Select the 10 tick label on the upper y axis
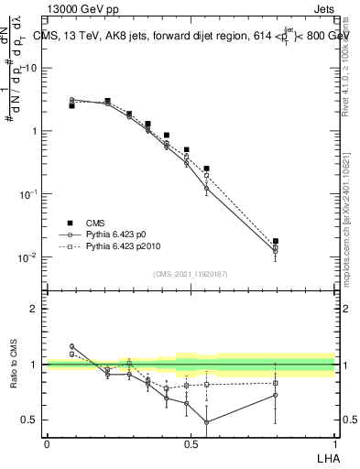click(31, 68)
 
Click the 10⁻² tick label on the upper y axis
click(27, 256)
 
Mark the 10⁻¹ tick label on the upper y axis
click(27, 194)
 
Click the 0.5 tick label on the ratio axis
click(29, 420)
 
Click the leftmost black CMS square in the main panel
click(71, 105)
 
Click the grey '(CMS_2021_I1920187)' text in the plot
click(191, 273)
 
